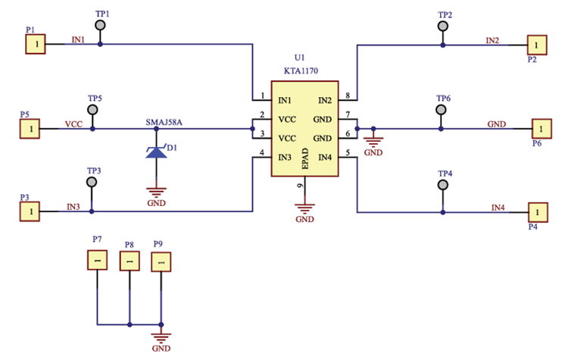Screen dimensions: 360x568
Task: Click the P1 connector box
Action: [x=35, y=44]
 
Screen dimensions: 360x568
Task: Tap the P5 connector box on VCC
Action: [x=31, y=129]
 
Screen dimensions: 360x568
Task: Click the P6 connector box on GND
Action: [x=541, y=129]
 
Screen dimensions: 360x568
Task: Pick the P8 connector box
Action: [x=130, y=261]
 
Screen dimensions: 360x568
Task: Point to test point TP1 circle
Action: [x=101, y=27]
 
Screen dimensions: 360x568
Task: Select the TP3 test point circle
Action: [x=92, y=183]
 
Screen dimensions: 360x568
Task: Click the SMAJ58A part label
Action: [x=164, y=121]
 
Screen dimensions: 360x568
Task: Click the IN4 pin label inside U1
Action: [x=325, y=157]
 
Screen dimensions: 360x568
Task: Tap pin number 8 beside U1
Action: [x=347, y=95]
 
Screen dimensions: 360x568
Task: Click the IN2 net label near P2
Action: [x=492, y=40]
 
